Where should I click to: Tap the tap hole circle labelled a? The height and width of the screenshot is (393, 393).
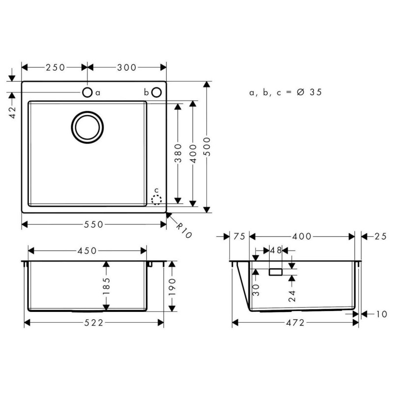[x=87, y=92]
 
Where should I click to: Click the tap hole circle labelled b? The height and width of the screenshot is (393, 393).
[x=156, y=92]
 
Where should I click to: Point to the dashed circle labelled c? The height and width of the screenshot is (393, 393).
[x=157, y=199]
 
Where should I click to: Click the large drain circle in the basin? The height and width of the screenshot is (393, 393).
[x=88, y=126]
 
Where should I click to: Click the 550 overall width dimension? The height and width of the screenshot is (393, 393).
[x=94, y=225]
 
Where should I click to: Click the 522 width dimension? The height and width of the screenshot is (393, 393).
[x=93, y=322]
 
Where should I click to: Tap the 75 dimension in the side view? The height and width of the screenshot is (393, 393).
[x=239, y=236]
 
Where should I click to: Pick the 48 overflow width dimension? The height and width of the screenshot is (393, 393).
[x=276, y=251]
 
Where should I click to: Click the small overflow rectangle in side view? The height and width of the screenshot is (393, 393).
[x=275, y=272]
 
